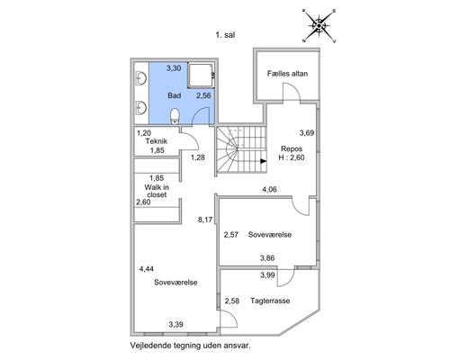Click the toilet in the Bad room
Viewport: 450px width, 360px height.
coord(175,116)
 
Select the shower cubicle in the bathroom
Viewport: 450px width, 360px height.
coord(201,75)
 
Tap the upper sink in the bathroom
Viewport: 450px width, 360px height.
coord(140,78)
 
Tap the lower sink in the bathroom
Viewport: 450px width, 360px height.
coord(140,108)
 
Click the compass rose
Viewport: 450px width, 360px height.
coord(319,26)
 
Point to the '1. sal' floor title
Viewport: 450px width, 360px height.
coord(225,35)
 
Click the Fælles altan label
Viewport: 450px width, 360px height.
coord(287,74)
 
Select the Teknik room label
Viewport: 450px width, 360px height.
coord(157,141)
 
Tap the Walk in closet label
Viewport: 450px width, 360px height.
coord(157,191)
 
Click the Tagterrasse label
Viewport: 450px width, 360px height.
coord(270,301)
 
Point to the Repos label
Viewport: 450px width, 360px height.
coord(292,148)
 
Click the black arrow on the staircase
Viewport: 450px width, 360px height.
coord(264,161)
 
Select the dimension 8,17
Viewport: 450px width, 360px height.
coord(205,220)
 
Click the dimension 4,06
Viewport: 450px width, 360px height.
coord(269,189)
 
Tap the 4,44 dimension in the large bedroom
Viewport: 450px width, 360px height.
coord(147,269)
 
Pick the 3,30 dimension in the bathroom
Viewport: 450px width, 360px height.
coord(174,68)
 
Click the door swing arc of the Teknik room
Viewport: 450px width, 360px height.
coord(193,137)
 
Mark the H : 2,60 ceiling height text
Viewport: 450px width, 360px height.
coord(292,157)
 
